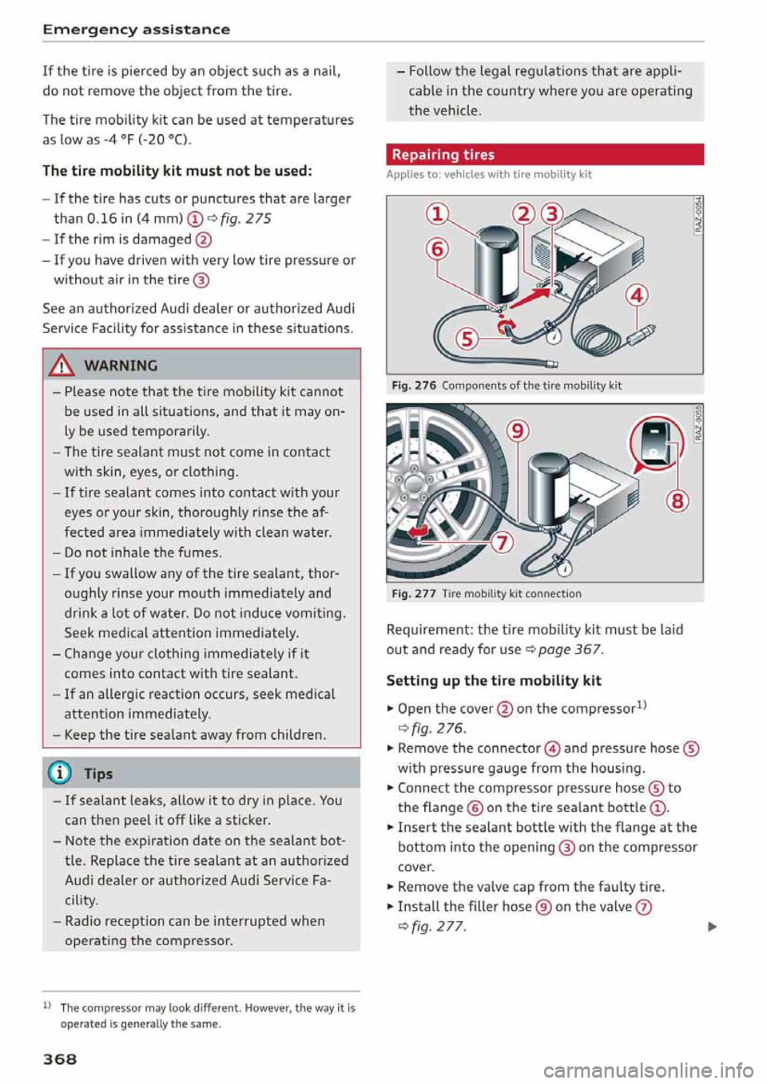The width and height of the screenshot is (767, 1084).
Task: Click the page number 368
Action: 60,1058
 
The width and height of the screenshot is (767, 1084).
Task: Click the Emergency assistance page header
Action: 137,30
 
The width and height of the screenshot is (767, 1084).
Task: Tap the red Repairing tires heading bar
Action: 545,154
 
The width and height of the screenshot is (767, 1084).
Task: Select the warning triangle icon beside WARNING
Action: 62,366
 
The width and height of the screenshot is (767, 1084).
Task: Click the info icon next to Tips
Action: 62,773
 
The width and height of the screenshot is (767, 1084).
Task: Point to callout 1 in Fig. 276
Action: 437,215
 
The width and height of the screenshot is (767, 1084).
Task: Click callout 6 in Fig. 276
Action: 437,250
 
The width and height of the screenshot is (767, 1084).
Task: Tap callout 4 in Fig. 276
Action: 637,295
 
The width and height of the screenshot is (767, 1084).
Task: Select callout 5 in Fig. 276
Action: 467,339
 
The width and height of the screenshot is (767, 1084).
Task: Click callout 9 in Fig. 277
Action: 519,431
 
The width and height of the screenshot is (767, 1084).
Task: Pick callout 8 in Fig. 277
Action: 677,500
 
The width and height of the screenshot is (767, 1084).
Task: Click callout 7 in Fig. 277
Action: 501,543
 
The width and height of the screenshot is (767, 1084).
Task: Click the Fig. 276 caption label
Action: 413,386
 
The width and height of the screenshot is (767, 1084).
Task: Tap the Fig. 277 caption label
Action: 413,594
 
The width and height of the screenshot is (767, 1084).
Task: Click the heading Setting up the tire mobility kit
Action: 494,680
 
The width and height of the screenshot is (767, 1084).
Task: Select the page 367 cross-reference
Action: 570,649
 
